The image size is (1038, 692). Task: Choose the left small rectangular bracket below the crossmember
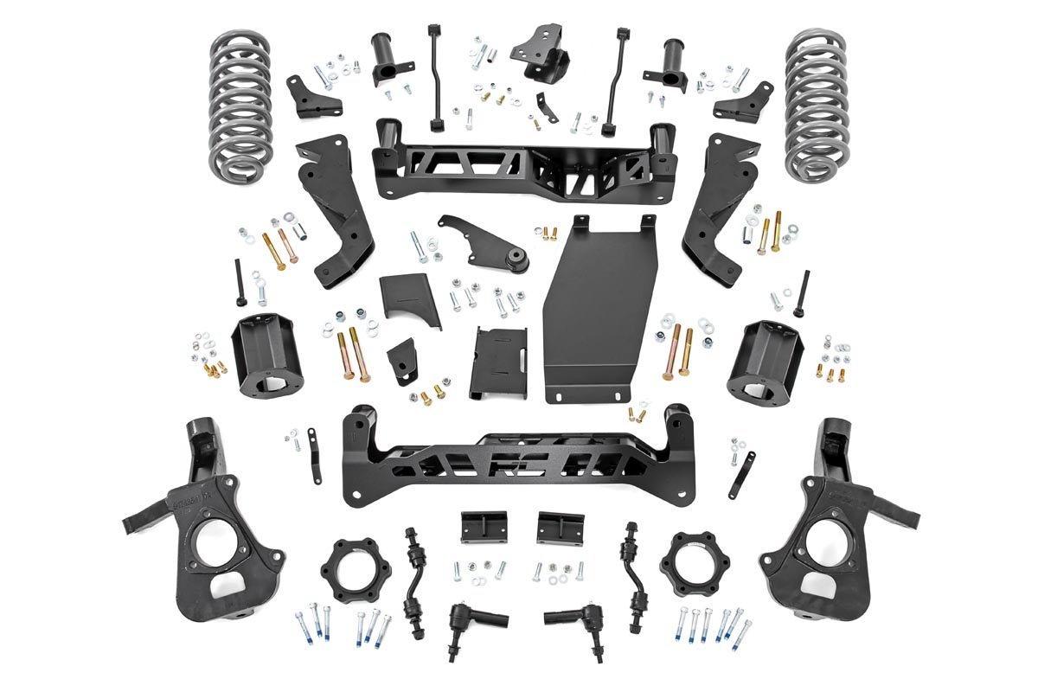[483, 526]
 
